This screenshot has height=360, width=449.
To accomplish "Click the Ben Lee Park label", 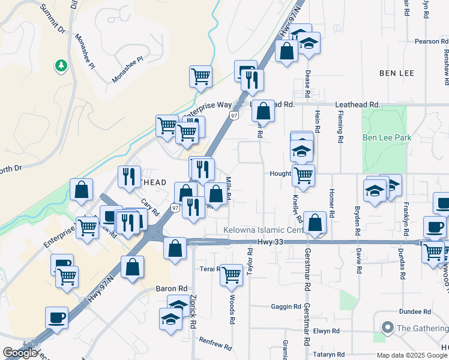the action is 387,137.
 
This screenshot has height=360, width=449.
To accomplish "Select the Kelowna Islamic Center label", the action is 263,230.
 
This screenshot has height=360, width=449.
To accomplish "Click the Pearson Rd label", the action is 432,41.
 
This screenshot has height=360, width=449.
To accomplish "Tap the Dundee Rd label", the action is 418,312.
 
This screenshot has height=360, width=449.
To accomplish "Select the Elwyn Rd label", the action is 327,331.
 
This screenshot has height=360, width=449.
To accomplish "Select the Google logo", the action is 20,353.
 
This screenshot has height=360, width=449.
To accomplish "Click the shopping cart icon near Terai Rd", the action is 231,275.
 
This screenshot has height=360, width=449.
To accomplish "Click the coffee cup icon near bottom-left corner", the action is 57,317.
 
